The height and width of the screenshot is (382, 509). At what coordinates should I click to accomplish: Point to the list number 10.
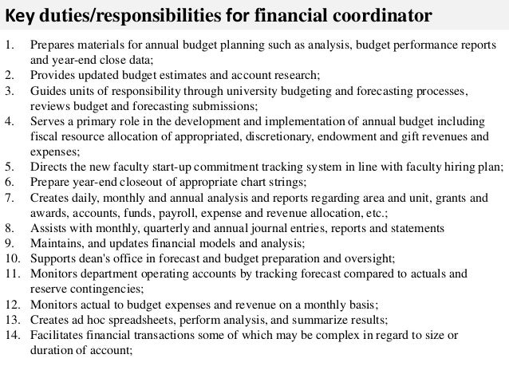[13, 258]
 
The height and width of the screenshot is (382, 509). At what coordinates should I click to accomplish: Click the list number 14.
[13, 335]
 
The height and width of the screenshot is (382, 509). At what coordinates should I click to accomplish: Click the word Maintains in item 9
[55, 243]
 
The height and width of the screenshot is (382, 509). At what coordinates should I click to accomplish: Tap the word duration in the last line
[50, 350]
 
